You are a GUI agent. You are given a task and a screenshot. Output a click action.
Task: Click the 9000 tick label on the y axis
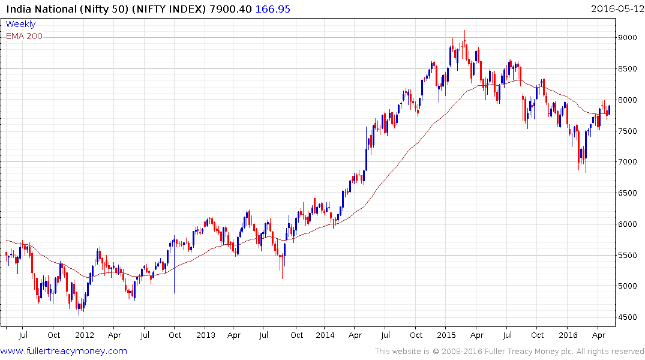[x=631, y=38]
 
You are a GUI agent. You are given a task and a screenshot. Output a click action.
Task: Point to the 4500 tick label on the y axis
[x=631, y=317]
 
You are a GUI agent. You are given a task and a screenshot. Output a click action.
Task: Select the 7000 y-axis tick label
[x=631, y=162]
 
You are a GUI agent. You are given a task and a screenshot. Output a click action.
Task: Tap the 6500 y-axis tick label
[x=631, y=193]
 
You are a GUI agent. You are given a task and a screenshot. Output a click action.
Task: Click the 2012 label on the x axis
[x=85, y=335]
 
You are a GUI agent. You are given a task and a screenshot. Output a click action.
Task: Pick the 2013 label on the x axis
[x=206, y=335]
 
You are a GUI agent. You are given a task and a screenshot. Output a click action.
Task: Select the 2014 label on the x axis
[x=325, y=335]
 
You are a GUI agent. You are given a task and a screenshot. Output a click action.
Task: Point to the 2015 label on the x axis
[x=446, y=335]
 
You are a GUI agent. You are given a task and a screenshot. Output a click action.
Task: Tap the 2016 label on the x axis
[x=568, y=335]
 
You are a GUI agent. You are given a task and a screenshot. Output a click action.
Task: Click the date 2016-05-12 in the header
[x=616, y=8]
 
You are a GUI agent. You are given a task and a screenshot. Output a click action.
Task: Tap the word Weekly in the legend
[x=20, y=24]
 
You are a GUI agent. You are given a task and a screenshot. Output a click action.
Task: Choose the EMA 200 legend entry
[x=24, y=36]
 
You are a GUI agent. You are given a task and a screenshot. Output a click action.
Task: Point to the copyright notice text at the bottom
[x=509, y=352]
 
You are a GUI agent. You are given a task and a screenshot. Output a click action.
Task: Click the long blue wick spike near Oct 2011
[x=174, y=282]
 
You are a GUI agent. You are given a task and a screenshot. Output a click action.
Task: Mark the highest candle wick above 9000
[x=464, y=33]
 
